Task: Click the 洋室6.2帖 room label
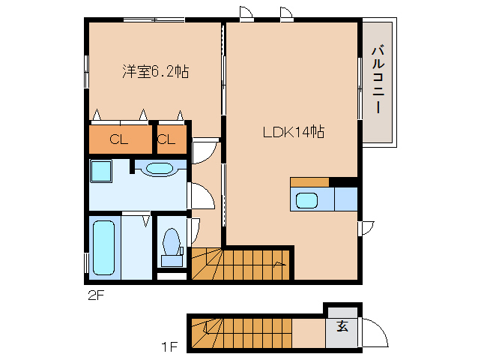tap(155, 72)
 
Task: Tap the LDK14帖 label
tap(292, 132)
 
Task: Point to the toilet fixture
tap(172, 245)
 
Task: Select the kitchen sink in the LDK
tap(306, 200)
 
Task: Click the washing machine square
tap(100, 171)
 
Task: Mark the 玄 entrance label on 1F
tap(342, 326)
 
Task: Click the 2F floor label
tap(94, 295)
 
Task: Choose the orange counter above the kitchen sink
tap(309, 181)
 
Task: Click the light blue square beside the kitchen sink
tap(345, 200)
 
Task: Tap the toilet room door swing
tap(195, 228)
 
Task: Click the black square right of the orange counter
tap(344, 181)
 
